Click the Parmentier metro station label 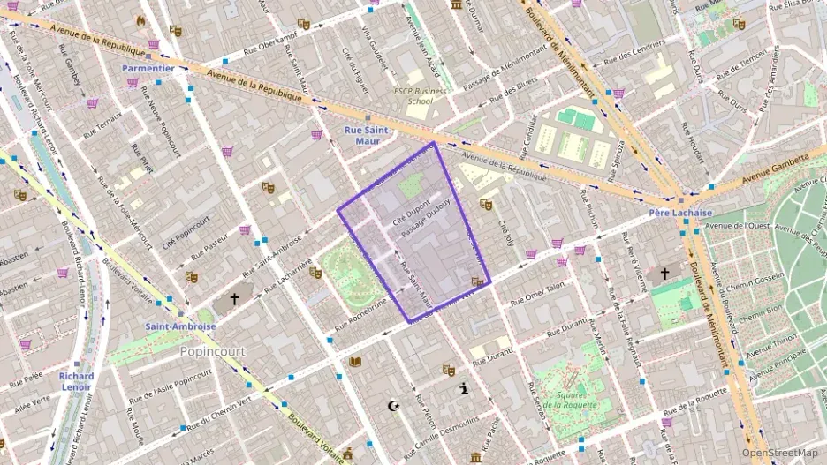pos(148,68)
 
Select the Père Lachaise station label pos(674,214)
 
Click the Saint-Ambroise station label pos(180,326)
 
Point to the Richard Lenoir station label pos(76,381)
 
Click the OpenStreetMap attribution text pos(780,454)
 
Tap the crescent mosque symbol pos(394,406)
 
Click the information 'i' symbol pos(465,388)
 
